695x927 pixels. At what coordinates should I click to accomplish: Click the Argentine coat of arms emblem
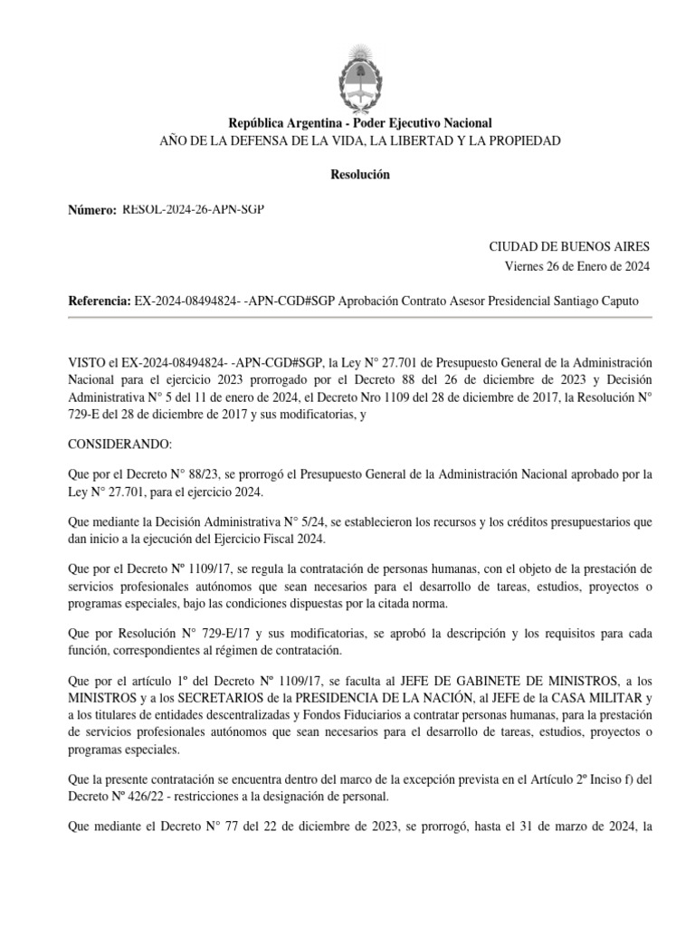359,73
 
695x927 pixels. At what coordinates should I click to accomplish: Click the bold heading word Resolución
359,175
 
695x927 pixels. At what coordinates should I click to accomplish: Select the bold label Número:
92,210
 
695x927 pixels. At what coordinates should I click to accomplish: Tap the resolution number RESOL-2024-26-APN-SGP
194,209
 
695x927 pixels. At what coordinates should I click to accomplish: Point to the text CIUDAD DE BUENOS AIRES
568,246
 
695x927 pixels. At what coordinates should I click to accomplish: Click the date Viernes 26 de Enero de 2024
576,265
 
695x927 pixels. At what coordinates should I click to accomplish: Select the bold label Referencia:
100,301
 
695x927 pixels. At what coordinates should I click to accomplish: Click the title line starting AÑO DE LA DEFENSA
359,140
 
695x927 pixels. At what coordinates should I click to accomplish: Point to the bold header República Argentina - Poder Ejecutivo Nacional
359,123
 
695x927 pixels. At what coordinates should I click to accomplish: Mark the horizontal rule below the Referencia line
359,317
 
